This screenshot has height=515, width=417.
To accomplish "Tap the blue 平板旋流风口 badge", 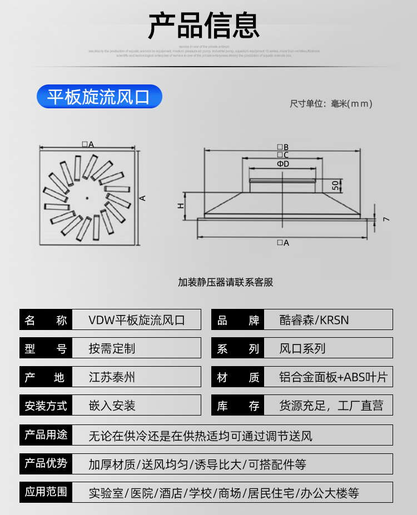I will click(x=99, y=97).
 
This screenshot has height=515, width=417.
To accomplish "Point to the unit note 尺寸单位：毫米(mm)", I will click(x=331, y=103).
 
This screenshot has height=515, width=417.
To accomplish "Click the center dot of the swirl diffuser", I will click(x=87, y=198).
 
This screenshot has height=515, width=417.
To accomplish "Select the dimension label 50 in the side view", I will click(x=335, y=185).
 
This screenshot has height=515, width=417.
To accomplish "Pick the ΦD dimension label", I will click(x=283, y=164).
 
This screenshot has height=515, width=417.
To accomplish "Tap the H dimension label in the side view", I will click(x=181, y=206).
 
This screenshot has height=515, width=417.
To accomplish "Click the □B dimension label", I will click(x=283, y=147).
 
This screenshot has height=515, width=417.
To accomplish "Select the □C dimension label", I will click(x=283, y=155).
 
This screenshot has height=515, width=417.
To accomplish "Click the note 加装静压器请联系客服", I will click(x=226, y=282).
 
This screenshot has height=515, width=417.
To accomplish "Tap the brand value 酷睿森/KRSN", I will click(x=314, y=320).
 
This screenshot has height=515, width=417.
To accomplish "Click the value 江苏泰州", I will click(x=112, y=378).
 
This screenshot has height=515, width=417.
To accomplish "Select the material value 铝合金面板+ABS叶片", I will click(x=333, y=378).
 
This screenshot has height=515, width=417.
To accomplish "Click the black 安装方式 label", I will click(x=46, y=406).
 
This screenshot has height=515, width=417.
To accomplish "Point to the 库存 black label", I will click(x=238, y=406).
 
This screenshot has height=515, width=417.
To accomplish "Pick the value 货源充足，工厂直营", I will click(x=331, y=406).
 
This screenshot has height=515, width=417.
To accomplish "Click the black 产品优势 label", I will click(x=46, y=463).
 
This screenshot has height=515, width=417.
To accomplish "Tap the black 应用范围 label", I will click(x=46, y=492).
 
